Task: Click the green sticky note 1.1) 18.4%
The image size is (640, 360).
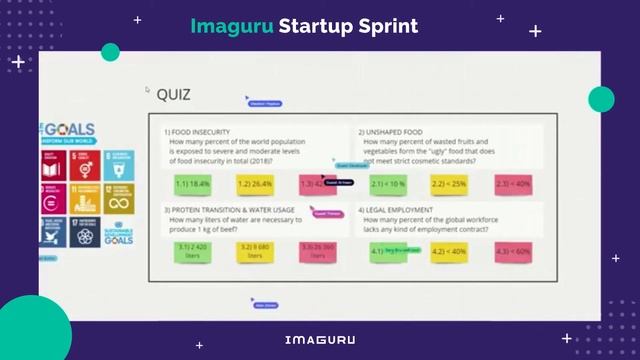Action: pyautogui.click(x=192, y=184)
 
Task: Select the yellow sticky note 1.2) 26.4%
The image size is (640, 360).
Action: pyautogui.click(x=255, y=184)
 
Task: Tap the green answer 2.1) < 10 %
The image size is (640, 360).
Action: pyautogui.click(x=387, y=184)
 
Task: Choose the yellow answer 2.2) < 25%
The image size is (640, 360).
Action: pyautogui.click(x=450, y=184)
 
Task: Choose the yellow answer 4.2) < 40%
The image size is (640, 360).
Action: pyautogui.click(x=450, y=252)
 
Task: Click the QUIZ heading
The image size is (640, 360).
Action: pyautogui.click(x=173, y=95)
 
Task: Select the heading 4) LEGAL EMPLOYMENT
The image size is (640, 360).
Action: pyautogui.click(x=400, y=209)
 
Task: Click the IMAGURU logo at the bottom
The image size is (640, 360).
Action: pyautogui.click(x=319, y=340)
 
